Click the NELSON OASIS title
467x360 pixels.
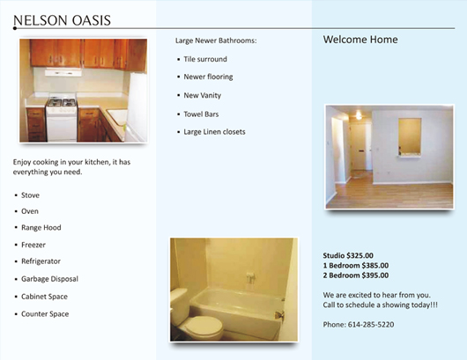tap(62, 20)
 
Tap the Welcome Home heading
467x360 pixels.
tap(360, 40)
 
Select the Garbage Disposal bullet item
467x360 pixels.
tap(49, 279)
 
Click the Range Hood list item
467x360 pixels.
tap(41, 228)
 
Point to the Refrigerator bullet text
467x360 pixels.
tap(41, 261)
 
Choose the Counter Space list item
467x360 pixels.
tap(45, 314)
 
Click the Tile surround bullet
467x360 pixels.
tap(205, 59)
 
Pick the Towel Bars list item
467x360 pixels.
tap(201, 114)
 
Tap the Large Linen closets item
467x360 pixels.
tap(214, 132)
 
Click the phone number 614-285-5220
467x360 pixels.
tap(371, 324)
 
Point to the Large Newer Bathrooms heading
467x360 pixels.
tap(216, 40)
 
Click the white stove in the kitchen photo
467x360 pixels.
tap(62, 118)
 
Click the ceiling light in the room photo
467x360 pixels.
tap(359, 114)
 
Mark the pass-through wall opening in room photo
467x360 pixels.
tap(410, 136)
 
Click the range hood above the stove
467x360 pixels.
tap(63, 72)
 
